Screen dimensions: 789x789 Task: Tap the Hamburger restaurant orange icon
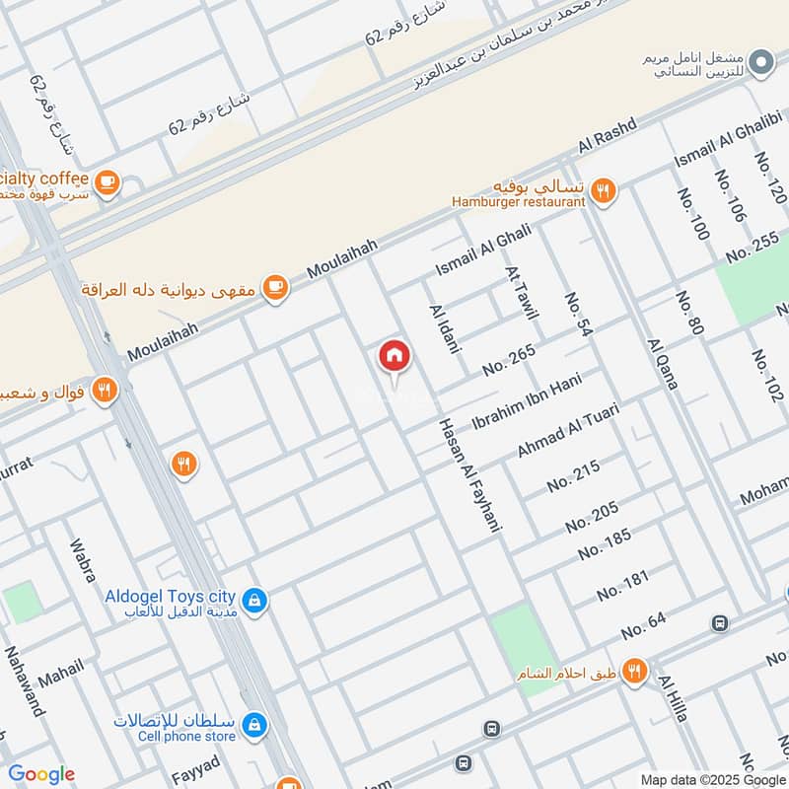click(604, 190)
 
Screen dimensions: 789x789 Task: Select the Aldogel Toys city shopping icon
click(253, 600)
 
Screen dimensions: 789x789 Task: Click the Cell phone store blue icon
click(254, 724)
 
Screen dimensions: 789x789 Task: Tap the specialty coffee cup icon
click(107, 182)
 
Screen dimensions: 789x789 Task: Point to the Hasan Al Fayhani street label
click(470, 474)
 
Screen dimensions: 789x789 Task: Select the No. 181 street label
click(622, 585)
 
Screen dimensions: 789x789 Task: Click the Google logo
click(41, 774)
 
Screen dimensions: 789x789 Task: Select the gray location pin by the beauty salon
click(759, 64)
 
